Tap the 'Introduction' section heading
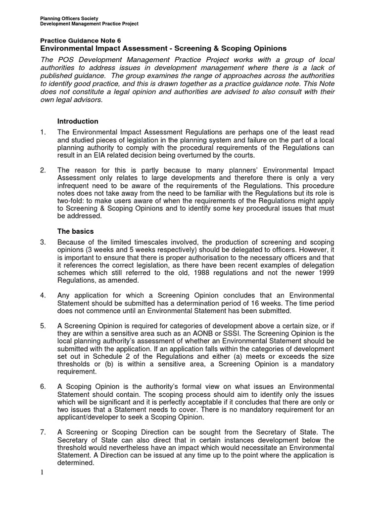pyautogui.click(x=78, y=121)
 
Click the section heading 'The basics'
pyautogui.click(x=75, y=231)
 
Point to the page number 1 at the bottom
pyautogui.click(x=42, y=472)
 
